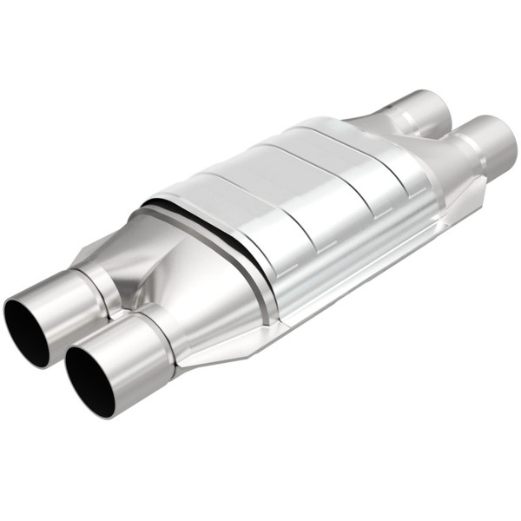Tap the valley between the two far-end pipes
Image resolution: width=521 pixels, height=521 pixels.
point(447,130)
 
